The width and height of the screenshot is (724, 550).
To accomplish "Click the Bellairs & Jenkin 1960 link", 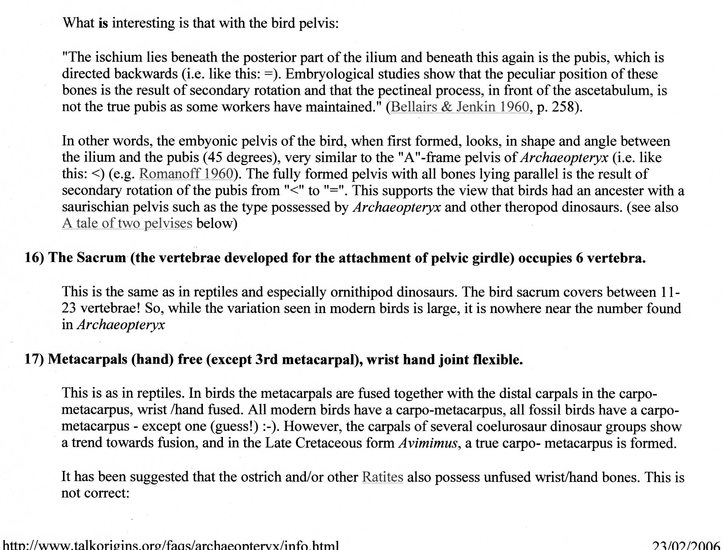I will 460,107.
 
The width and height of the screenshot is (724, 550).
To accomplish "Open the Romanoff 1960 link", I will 186,173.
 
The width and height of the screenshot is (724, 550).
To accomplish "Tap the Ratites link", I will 382,477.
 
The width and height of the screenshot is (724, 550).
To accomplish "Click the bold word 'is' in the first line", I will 103,23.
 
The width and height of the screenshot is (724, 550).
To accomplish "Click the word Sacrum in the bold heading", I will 101,258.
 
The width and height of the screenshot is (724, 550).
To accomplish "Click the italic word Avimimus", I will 428,443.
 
